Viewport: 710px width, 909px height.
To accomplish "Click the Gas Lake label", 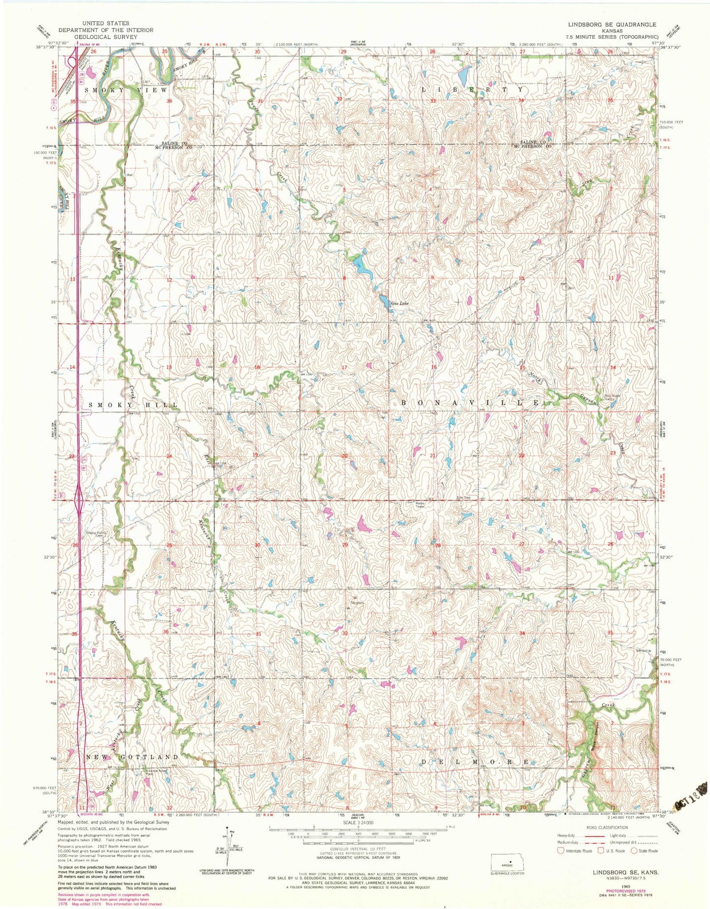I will tap(400, 303).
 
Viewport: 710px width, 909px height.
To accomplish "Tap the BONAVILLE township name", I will tap(469, 403).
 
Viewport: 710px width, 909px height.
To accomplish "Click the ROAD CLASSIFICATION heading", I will tap(607, 827).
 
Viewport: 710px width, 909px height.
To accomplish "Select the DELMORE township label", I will tap(475, 762).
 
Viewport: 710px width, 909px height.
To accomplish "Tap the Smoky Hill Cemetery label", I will tap(97, 534).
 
